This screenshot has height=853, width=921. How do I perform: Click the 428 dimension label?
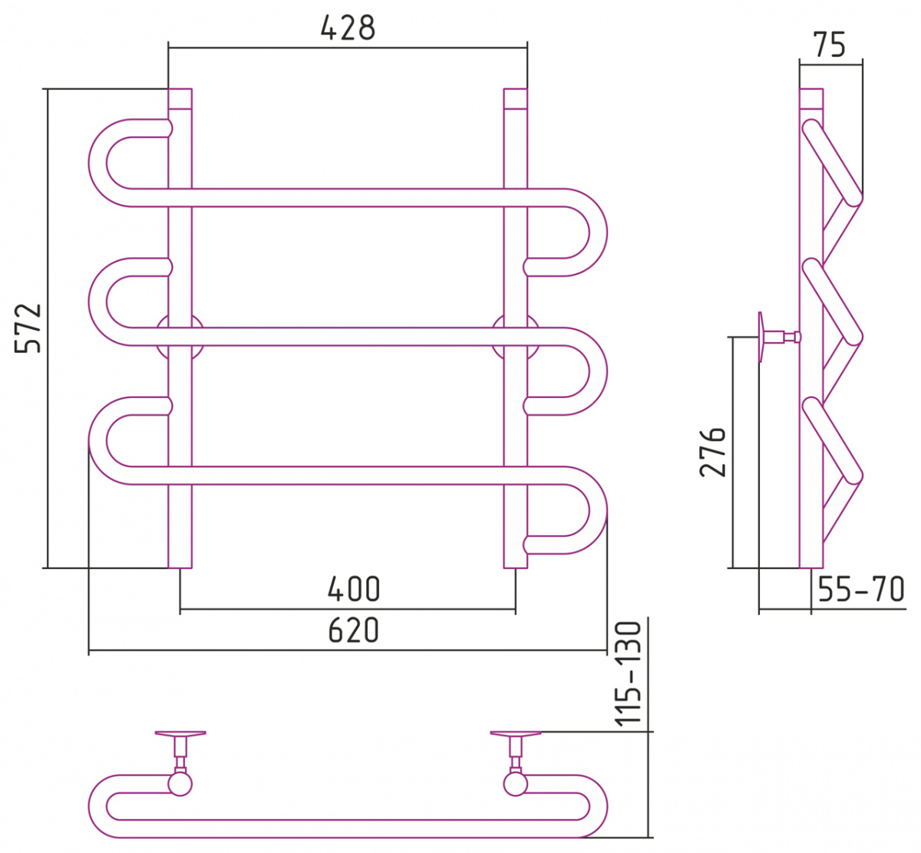(348, 28)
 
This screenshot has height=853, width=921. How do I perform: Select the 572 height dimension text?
(28, 328)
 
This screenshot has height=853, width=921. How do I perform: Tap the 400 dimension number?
(354, 589)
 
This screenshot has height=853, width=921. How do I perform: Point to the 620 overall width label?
(354, 631)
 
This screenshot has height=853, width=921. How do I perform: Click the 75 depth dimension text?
(830, 45)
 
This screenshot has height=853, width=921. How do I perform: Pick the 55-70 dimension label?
(861, 589)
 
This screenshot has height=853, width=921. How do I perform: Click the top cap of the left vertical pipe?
(180, 99)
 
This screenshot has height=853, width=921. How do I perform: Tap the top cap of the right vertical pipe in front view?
(515, 99)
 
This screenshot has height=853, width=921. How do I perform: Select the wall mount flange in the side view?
(761, 337)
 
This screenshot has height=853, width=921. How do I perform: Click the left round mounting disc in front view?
(180, 337)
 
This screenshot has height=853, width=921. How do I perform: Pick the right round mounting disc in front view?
(515, 337)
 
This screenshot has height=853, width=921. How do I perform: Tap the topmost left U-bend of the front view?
(97, 163)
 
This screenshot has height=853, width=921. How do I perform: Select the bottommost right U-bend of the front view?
(598, 510)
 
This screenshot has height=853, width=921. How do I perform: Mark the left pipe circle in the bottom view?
(180, 784)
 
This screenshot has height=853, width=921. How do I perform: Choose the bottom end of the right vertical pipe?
(515, 567)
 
